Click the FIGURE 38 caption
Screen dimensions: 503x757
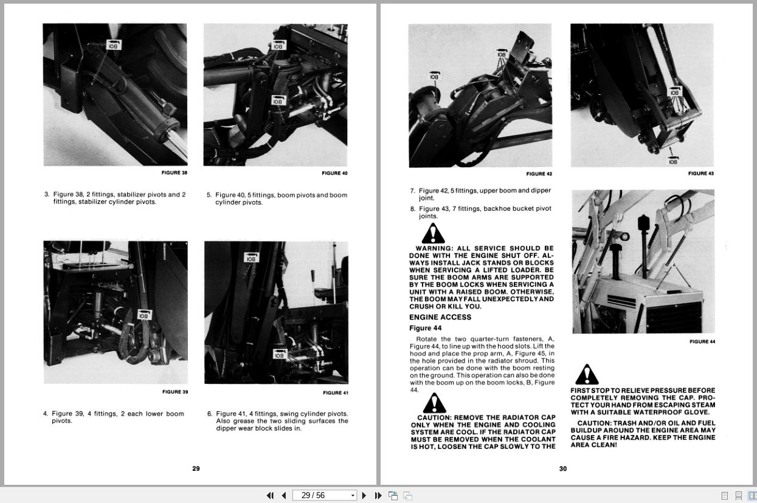pyautogui.click(x=174, y=173)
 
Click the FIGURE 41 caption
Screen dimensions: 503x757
pyautogui.click(x=335, y=392)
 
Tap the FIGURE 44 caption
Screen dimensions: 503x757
pyautogui.click(x=702, y=341)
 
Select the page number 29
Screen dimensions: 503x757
pyautogui.click(x=196, y=468)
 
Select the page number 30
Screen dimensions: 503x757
pyautogui.click(x=563, y=468)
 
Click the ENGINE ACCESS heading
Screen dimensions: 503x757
pyautogui.click(x=440, y=317)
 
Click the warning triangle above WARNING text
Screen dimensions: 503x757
pyautogui.click(x=433, y=233)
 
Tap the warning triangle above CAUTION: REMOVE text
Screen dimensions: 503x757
pyautogui.click(x=434, y=403)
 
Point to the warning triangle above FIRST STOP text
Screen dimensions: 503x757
pyautogui.click(x=586, y=375)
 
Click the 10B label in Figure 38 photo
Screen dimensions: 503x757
pyautogui.click(x=114, y=45)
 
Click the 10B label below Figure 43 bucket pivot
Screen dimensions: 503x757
pyautogui.click(x=672, y=161)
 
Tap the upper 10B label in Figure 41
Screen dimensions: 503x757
pyautogui.click(x=251, y=258)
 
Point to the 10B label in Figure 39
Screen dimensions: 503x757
pyautogui.click(x=143, y=315)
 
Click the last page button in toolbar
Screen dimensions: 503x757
pyautogui.click(x=378, y=495)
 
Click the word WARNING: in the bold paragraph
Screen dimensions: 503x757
pyautogui.click(x=434, y=248)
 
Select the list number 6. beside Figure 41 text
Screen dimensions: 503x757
pyautogui.click(x=210, y=414)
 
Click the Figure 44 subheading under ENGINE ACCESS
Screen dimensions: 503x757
pyautogui.click(x=425, y=328)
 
